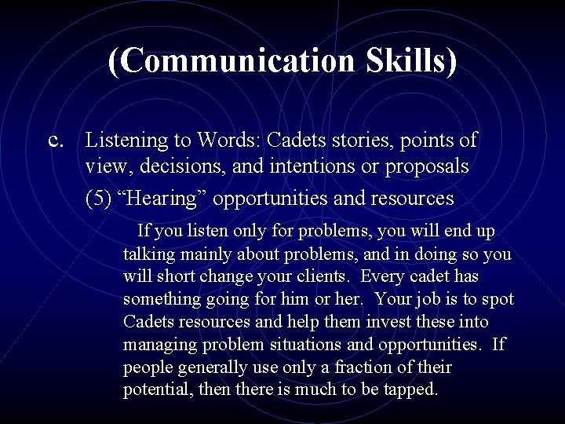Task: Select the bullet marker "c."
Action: (56, 141)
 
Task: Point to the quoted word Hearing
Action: (162, 199)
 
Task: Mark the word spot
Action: (497, 300)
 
